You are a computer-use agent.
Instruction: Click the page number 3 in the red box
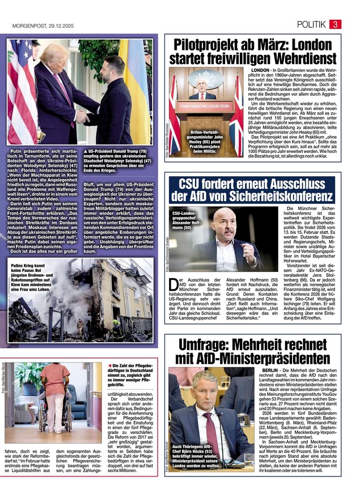pyautogui.click(x=336, y=24)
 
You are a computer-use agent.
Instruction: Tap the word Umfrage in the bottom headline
pyautogui.click(x=210, y=344)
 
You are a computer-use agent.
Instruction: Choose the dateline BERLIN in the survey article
pyautogui.click(x=260, y=369)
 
